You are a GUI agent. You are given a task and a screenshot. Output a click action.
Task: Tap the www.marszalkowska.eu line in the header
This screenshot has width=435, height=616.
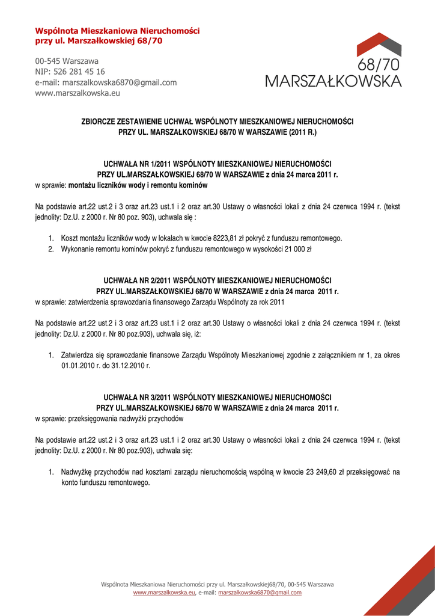pos(78,93)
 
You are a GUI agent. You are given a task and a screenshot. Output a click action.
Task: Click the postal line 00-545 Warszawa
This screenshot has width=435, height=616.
pos(67,61)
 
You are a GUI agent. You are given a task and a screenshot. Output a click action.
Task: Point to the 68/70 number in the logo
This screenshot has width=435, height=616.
pos(379,65)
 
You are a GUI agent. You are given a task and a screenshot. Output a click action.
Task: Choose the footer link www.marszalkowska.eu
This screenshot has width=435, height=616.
pos(164,593)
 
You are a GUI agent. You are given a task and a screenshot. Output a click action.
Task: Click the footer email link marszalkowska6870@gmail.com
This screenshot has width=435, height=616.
pos(260,593)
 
